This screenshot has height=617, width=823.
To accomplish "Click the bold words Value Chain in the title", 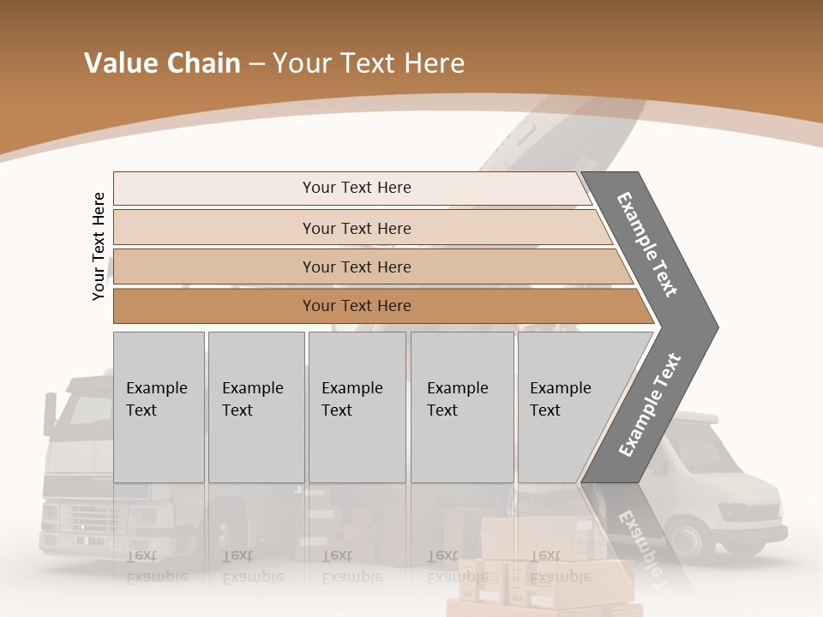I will point(162,63).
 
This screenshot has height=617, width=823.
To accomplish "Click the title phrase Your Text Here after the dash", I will point(369,63).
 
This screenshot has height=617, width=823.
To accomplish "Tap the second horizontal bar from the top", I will point(357,228).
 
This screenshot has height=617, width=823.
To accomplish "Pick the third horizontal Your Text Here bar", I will point(357,267).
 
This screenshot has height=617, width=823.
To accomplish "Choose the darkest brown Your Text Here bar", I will point(357,306).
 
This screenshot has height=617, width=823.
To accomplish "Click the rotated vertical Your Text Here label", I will point(99,246).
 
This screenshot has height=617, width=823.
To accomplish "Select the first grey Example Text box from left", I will point(159,406).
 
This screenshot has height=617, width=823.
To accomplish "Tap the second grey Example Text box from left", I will point(255,406).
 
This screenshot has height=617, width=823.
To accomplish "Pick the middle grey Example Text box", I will point(357,406).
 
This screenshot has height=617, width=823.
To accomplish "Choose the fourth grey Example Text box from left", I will point(461,406).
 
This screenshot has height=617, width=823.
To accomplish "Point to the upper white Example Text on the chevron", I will point(647,244).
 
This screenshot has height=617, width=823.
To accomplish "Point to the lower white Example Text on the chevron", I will point(650,404).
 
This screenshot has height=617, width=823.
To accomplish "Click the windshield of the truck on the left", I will point(81,411).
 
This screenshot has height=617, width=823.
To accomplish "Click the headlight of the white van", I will point(737,512).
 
